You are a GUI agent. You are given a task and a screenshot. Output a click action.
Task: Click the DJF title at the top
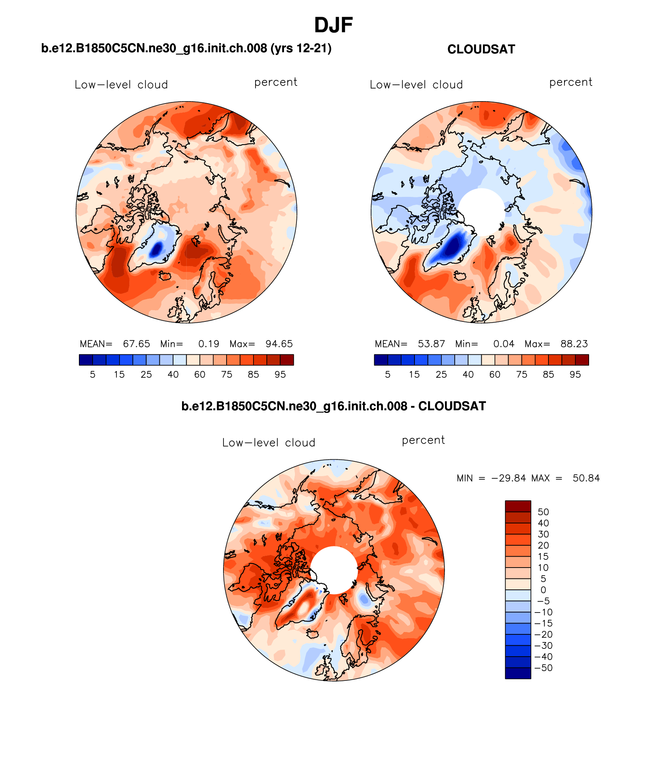(333, 25)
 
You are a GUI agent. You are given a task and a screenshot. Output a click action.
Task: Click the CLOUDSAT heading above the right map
(481, 49)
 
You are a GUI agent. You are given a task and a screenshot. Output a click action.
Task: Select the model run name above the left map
(186, 48)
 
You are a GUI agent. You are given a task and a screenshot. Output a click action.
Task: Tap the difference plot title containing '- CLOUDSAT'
(334, 406)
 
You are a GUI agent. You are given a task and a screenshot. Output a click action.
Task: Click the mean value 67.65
(136, 344)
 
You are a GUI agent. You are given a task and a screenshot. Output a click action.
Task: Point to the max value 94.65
(279, 344)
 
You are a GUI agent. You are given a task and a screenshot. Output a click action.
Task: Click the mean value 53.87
(431, 344)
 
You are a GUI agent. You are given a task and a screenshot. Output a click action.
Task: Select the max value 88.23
(574, 344)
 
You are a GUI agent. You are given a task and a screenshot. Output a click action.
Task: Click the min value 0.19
(209, 344)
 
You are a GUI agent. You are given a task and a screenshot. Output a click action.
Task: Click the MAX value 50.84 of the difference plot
(586, 478)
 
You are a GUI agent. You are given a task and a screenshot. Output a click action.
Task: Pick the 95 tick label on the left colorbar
(280, 375)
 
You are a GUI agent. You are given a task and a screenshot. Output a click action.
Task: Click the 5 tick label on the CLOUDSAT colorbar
(388, 375)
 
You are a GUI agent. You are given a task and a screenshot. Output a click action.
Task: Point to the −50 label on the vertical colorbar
(544, 668)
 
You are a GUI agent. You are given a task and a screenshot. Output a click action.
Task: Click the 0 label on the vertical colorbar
(543, 590)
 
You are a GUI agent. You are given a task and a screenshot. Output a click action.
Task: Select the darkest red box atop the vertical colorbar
(518, 506)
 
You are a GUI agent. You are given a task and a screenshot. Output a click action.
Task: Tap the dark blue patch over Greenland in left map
(157, 249)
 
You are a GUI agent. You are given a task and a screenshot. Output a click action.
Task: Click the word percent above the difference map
(423, 440)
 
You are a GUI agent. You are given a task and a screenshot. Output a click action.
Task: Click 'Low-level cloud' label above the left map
(121, 85)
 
